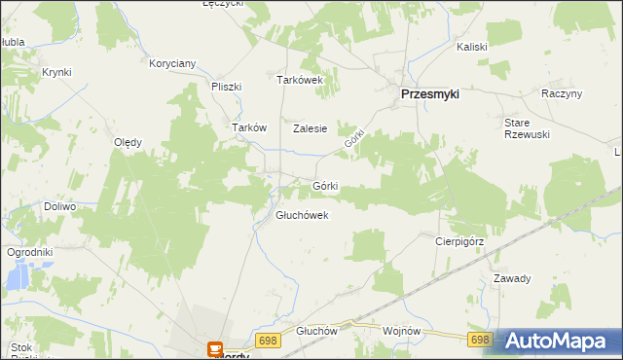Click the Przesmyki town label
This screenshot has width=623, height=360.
point(429,94)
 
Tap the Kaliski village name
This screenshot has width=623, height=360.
point(471,46)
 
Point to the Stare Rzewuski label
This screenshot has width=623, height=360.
point(526,128)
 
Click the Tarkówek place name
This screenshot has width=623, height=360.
point(300,80)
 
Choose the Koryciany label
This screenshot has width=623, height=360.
point(172,63)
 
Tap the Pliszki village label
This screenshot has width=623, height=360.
point(226,86)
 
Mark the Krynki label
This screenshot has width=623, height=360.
point(56,72)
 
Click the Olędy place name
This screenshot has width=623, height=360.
point(128,141)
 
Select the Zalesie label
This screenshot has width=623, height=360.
point(310,127)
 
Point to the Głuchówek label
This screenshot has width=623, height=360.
point(303,215)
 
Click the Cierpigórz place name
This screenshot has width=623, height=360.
point(459,239)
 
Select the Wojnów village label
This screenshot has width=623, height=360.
point(401,331)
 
